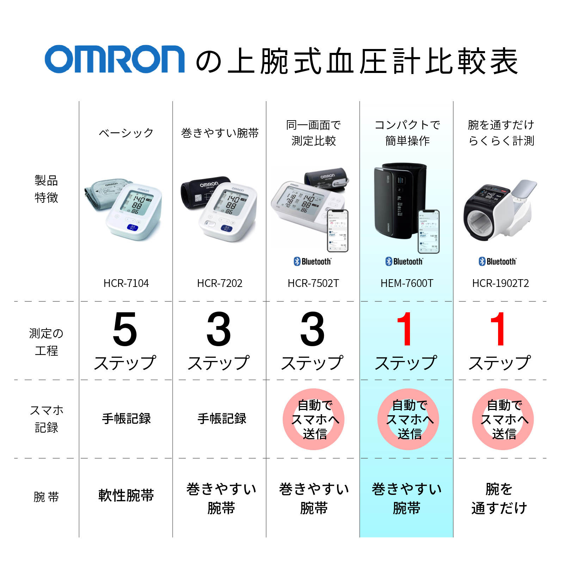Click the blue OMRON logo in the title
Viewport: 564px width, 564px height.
[x=115, y=59]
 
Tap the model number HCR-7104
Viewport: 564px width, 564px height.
[x=126, y=283]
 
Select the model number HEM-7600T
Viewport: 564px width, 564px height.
[x=406, y=283]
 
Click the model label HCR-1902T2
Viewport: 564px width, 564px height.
[x=500, y=283]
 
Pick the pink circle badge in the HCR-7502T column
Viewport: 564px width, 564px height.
[x=313, y=419]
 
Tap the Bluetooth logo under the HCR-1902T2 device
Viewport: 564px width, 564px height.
[x=497, y=261]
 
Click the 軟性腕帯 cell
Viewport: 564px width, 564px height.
[x=126, y=495]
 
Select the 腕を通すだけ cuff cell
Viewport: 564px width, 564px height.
[x=499, y=498]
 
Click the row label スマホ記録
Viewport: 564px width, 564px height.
[x=46, y=419]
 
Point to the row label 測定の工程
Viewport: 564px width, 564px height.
[x=46, y=342]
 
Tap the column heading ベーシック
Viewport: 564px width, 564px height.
[x=126, y=133]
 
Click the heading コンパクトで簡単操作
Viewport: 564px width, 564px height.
[x=407, y=133]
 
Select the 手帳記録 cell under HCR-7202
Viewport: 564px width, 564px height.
[x=221, y=418]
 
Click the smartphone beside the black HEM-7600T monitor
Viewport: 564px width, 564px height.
[x=429, y=231]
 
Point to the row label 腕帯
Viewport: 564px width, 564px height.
[x=46, y=497]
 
